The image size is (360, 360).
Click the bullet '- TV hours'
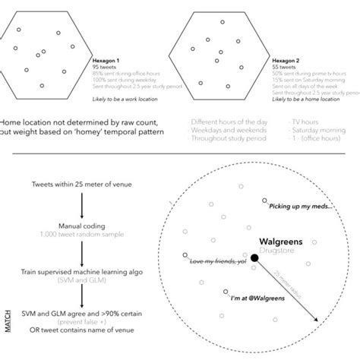click(x=305, y=120)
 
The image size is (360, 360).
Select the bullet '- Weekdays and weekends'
click(x=221, y=130)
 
